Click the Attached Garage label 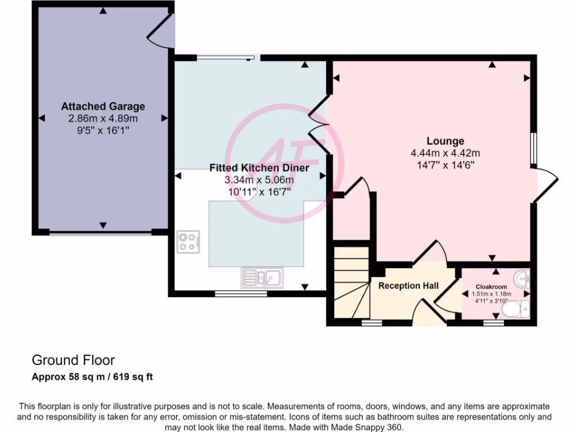103,106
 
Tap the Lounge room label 445,141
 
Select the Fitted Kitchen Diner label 259,168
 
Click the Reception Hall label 408,286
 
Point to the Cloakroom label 492,286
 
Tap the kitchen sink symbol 263,277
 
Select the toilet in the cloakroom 516,309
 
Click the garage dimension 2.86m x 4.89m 103,119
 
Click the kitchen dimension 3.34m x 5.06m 259,180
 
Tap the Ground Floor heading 73,360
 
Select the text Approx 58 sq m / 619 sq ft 92,377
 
